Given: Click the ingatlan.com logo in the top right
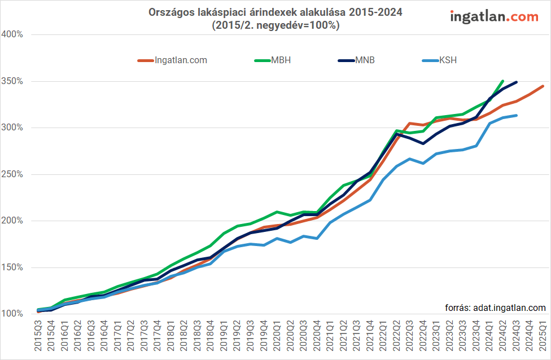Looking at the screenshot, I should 494,17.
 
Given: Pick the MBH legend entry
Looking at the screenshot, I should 281,60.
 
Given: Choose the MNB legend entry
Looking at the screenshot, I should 365,60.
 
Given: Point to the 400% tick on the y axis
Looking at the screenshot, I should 12,34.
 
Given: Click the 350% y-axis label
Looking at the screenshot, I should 12,81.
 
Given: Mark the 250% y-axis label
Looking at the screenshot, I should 12,174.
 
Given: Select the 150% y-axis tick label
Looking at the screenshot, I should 12,267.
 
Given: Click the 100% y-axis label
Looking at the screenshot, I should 12,314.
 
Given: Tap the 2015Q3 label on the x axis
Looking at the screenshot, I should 38,336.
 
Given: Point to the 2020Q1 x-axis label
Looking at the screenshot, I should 277,336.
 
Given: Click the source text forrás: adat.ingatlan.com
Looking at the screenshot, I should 496,308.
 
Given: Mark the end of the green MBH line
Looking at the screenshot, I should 502,81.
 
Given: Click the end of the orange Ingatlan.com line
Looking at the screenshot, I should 543,86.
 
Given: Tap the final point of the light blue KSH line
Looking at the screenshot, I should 516,115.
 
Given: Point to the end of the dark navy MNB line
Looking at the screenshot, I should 516,82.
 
